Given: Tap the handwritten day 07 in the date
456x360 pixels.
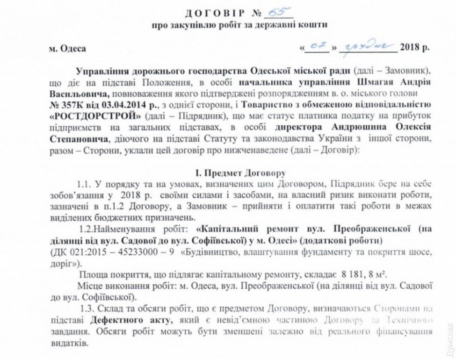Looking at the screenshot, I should [319, 48].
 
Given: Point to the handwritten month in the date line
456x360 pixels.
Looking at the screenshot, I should [368, 48].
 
